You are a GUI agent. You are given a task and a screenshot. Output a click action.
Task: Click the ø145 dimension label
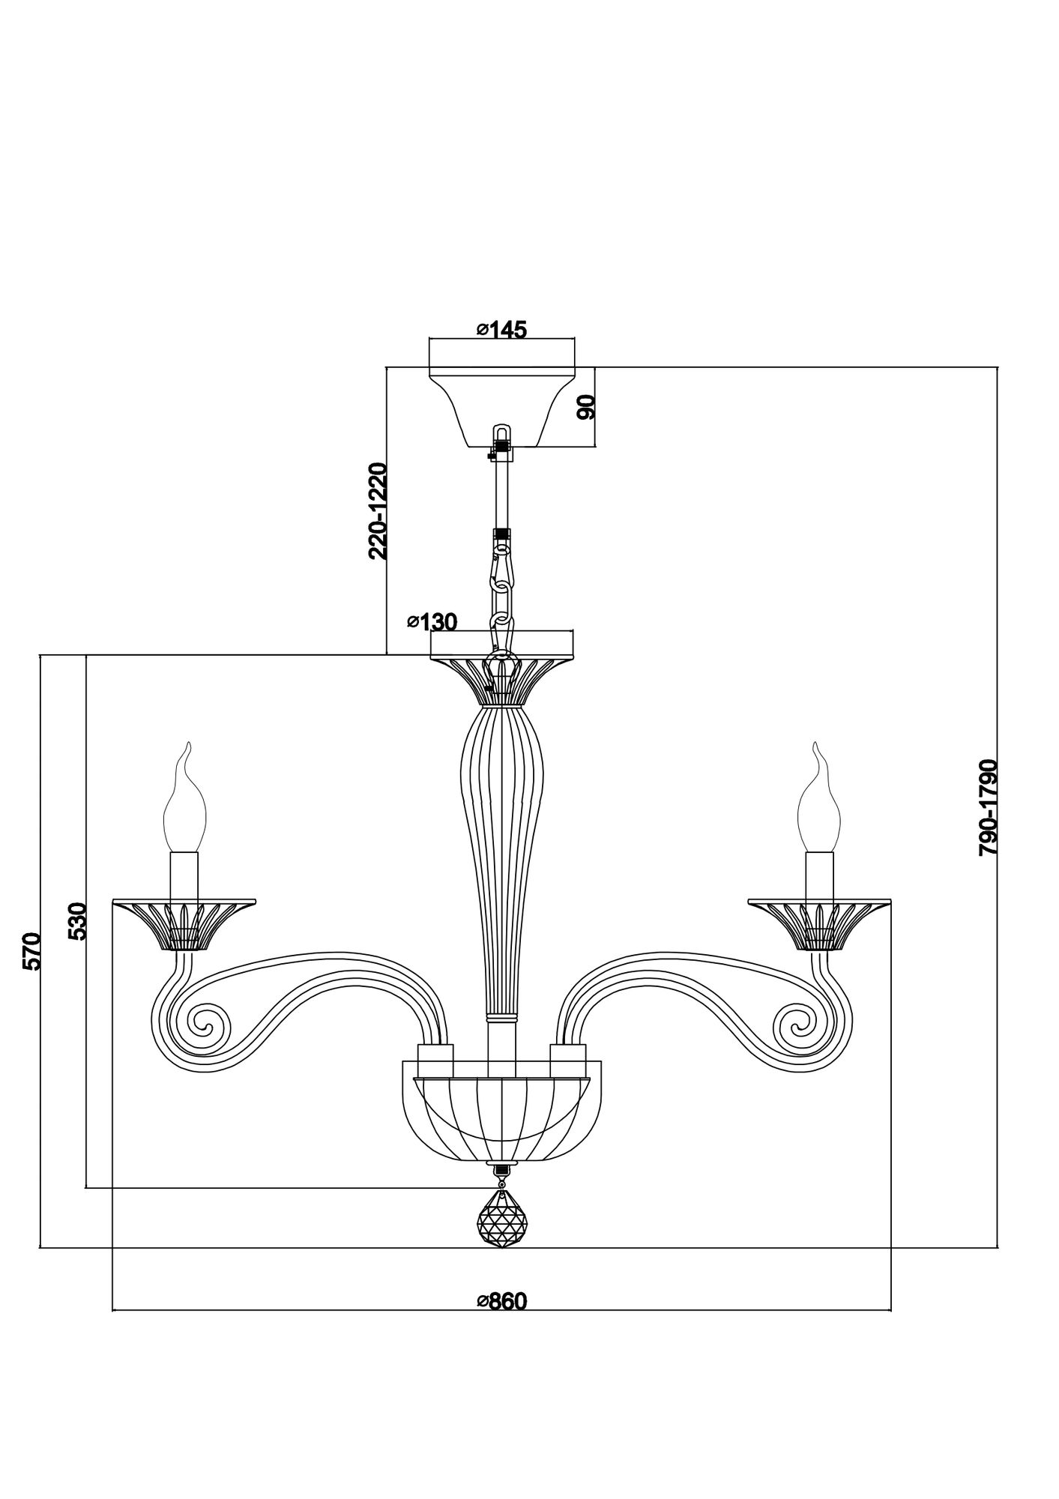pyautogui.click(x=501, y=329)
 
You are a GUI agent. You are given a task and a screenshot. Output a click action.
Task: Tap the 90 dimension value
pyautogui.click(x=586, y=406)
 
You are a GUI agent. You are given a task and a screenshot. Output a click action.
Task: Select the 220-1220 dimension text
pyautogui.click(x=378, y=511)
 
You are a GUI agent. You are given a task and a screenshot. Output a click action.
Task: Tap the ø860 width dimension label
pyautogui.click(x=502, y=1301)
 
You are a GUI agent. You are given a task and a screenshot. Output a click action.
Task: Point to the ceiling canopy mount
pyautogui.click(x=502, y=405)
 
